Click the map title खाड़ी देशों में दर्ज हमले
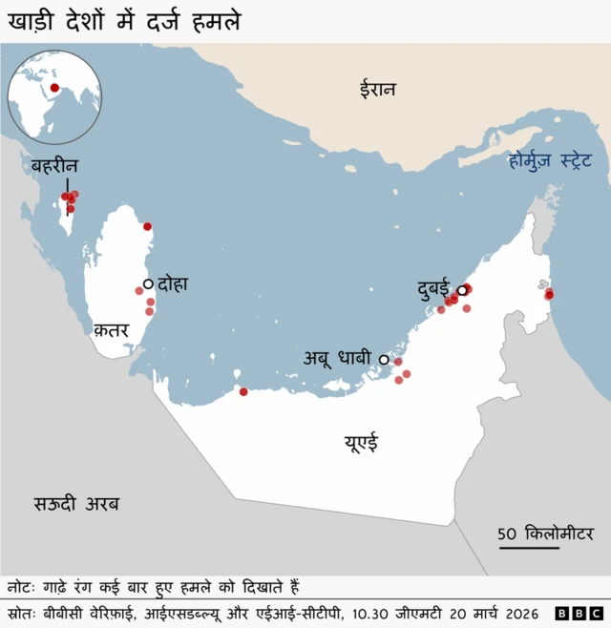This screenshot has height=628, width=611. pyautogui.click(x=124, y=20)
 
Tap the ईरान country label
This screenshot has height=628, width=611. pyautogui.click(x=377, y=89)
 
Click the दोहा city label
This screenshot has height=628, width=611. pyautogui.click(x=174, y=283)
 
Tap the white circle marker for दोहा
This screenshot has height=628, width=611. pyautogui.click(x=148, y=283)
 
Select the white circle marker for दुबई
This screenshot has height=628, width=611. pyautogui.click(x=461, y=290)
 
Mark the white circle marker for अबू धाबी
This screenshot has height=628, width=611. pyautogui.click(x=384, y=360)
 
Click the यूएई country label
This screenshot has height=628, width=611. pyautogui.click(x=360, y=442)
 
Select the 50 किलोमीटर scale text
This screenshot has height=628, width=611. pyautogui.click(x=545, y=533)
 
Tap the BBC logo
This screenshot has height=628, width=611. pyautogui.click(x=579, y=613)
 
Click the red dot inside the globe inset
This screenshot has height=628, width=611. pyautogui.click(x=56, y=88)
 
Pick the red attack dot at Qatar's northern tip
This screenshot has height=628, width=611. pyautogui.click(x=147, y=226)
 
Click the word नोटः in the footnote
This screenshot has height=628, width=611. pyautogui.click(x=23, y=586)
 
